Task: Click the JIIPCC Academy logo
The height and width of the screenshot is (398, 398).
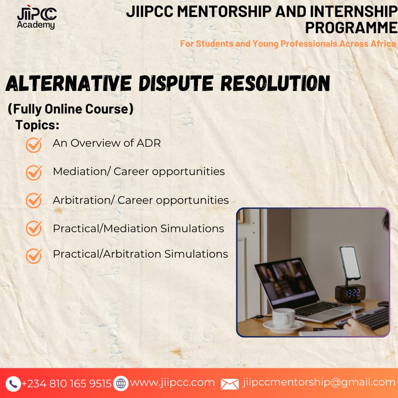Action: pos(37,17)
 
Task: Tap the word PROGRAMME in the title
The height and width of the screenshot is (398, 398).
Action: pos(351,28)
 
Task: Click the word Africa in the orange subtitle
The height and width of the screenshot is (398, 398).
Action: pos(383,43)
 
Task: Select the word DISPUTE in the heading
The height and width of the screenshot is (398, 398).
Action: pos(176,83)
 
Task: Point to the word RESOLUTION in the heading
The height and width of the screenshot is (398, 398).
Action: pos(275,83)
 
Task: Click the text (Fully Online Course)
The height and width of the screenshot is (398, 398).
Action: pos(70,109)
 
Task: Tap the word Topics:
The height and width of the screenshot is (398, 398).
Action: pos(37,125)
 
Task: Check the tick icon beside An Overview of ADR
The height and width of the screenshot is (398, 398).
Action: pos(34,145)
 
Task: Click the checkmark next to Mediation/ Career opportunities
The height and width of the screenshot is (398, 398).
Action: pos(34,172)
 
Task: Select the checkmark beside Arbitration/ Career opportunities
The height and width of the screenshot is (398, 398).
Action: pos(34,200)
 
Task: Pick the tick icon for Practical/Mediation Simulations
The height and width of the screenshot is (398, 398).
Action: pos(34,228)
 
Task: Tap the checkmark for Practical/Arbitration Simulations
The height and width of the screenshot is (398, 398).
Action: pos(34,256)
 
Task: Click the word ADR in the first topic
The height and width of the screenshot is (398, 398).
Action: pos(149,143)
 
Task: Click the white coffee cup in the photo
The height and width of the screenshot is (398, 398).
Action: pos(284,318)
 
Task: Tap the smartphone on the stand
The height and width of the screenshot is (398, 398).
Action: pos(350,263)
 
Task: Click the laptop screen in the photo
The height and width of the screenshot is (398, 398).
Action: pos(286,283)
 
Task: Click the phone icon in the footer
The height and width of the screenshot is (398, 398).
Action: pos(13,384)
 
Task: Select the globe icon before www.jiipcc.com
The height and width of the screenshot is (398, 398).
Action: pos(121,383)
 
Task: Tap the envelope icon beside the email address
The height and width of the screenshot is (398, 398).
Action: pos(230,384)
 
